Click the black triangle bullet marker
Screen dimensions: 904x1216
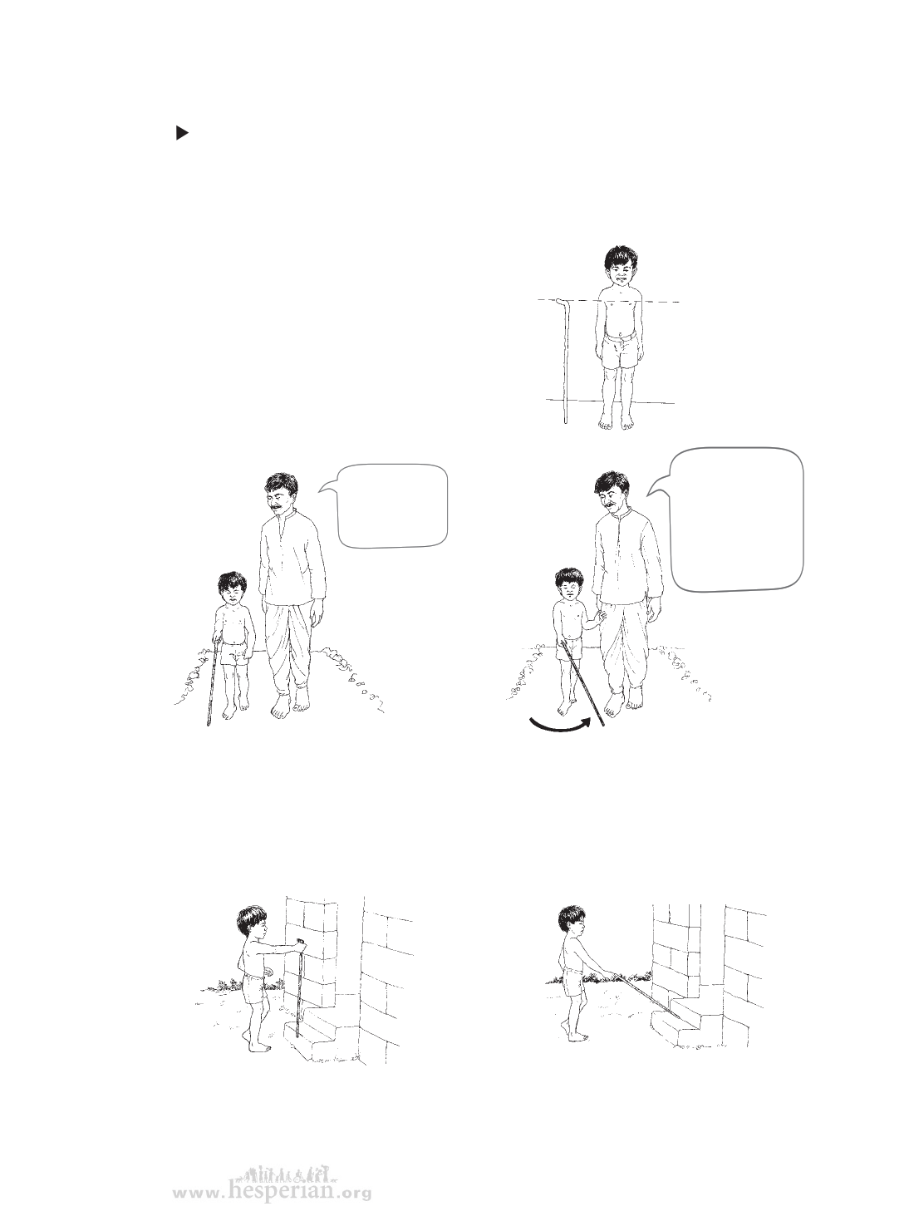(183, 133)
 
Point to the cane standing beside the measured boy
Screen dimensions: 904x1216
(564, 362)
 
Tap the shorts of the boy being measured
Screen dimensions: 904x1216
(621, 351)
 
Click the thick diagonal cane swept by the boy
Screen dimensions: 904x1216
(582, 686)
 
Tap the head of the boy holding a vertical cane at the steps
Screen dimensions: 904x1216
(253, 927)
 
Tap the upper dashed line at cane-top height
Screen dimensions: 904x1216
(609, 301)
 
